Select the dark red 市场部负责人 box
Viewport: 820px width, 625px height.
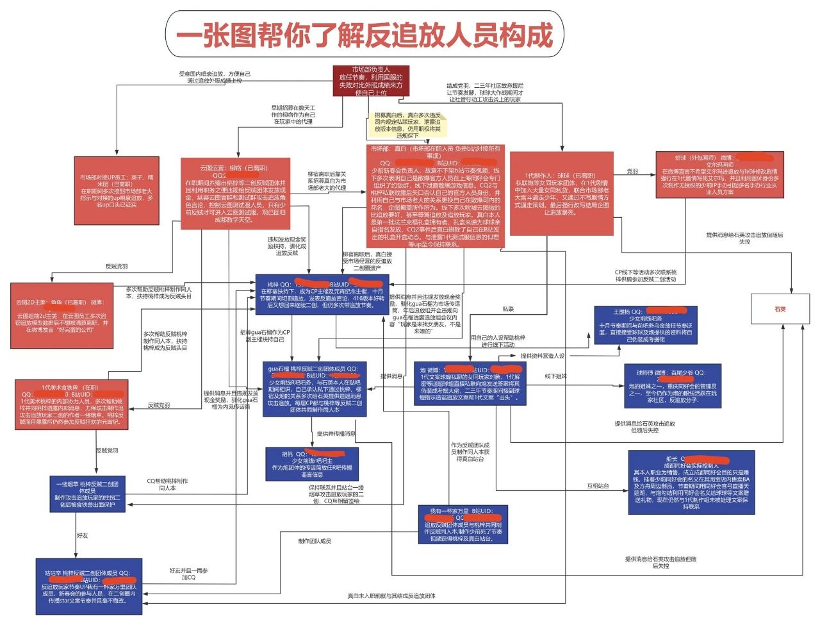(371, 81)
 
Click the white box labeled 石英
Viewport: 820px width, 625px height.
(780, 310)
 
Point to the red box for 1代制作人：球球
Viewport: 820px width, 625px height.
(561, 193)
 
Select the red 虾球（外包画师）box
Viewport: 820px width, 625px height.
(719, 174)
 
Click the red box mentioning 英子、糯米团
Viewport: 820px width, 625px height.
(116, 190)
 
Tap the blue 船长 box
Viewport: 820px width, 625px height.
(689, 483)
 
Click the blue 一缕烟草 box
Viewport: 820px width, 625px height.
(87, 494)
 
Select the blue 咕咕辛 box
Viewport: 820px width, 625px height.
(89, 587)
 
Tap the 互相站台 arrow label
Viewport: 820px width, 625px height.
(598, 486)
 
